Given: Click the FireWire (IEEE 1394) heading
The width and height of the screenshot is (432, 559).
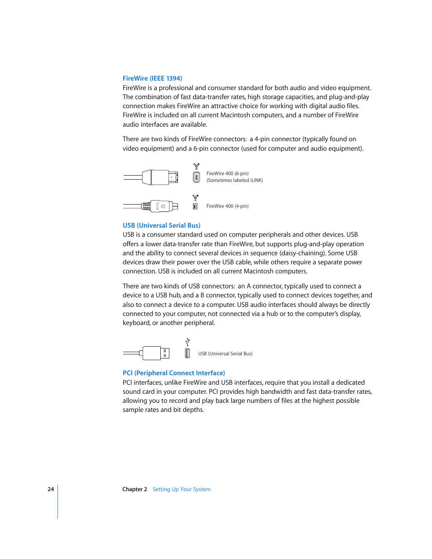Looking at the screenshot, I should [152, 78].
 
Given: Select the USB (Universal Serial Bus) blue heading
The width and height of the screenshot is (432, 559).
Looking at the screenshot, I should [161, 225].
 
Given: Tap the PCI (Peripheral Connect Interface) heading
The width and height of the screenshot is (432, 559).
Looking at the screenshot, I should [173, 373].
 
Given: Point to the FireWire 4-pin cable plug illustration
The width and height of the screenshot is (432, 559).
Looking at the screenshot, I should [159, 206].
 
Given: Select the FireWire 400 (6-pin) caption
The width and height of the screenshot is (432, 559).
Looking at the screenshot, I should [227, 173].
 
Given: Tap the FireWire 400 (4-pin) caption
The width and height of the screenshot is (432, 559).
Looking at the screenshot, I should [227, 206].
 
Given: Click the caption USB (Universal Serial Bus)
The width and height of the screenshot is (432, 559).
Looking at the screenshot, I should [225, 354].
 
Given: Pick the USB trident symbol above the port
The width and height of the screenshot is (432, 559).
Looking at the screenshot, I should [187, 342].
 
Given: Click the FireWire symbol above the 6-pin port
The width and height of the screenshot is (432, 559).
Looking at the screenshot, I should [196, 167].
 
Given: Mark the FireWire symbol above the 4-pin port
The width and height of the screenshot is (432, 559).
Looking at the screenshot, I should [195, 197].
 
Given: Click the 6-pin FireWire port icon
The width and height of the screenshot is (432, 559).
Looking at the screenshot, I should [196, 177].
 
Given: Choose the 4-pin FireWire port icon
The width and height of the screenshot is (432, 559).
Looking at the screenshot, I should [195, 206].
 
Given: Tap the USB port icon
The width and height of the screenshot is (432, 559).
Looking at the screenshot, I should [187, 354].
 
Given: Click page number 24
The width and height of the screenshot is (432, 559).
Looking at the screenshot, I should [51, 489].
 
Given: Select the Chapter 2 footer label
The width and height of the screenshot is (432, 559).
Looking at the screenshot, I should [134, 489].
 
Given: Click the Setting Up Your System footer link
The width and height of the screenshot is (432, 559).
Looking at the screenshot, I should [181, 489].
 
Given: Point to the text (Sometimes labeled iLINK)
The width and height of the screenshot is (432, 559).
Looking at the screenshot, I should [235, 180].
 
